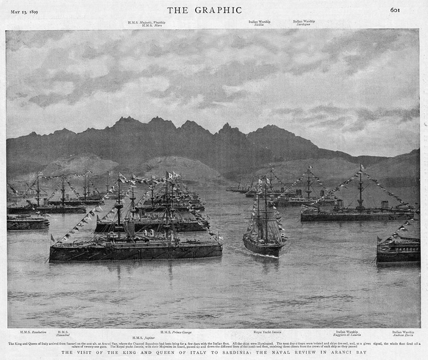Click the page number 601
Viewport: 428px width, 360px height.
click(395, 10)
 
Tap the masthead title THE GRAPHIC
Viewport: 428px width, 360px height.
click(204, 10)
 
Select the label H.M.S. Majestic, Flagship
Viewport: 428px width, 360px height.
click(147, 22)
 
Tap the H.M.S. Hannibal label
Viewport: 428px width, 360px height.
click(63, 333)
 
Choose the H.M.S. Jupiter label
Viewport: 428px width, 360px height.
click(142, 337)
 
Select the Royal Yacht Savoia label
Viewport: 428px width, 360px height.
click(267, 332)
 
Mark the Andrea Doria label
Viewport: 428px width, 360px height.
click(403, 334)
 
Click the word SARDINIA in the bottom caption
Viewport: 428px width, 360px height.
click(235, 352)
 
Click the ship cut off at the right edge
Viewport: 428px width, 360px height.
click(398, 249)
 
